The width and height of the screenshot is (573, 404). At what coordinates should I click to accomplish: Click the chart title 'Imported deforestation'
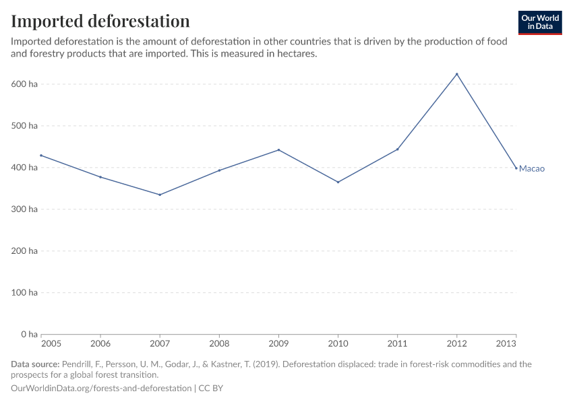point(100,21)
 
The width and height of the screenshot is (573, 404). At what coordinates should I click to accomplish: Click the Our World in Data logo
point(539,22)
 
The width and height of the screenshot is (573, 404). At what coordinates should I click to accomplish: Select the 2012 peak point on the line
point(457,74)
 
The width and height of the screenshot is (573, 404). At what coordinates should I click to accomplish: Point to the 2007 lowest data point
point(160,195)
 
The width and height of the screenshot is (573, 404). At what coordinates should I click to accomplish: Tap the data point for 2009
point(278,150)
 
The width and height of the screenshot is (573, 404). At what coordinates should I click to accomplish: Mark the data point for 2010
point(338,182)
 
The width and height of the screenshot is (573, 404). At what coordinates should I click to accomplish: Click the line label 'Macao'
point(531,168)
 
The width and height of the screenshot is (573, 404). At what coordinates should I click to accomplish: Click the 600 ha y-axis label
point(24,84)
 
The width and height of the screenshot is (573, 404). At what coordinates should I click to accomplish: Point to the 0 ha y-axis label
point(28,334)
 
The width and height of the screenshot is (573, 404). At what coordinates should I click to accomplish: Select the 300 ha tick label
point(24,209)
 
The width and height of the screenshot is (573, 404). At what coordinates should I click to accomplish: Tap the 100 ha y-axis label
point(24,292)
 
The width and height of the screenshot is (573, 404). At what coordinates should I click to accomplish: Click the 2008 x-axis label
point(219,344)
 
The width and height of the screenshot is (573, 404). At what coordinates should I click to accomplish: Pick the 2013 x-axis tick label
point(507,344)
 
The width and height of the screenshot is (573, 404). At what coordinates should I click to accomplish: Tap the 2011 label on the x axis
point(397,344)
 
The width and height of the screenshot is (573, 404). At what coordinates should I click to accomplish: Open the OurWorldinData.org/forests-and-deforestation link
point(101,389)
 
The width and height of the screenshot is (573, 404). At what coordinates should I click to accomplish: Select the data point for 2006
point(100,177)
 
